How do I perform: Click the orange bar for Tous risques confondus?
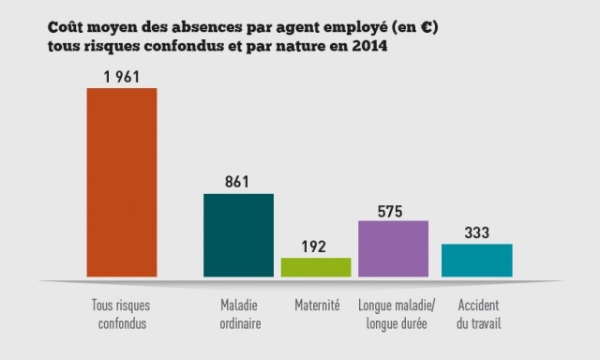121,183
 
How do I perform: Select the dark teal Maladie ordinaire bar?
238,235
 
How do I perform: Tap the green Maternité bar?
316,267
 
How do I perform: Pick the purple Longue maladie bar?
393,248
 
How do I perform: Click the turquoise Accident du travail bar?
476,260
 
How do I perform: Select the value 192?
316,246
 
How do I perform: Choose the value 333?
476,232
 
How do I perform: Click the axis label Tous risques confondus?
121,315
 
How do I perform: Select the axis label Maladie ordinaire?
240,315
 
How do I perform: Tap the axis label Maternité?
316,307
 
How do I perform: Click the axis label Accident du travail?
477,315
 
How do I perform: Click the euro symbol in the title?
427,29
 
